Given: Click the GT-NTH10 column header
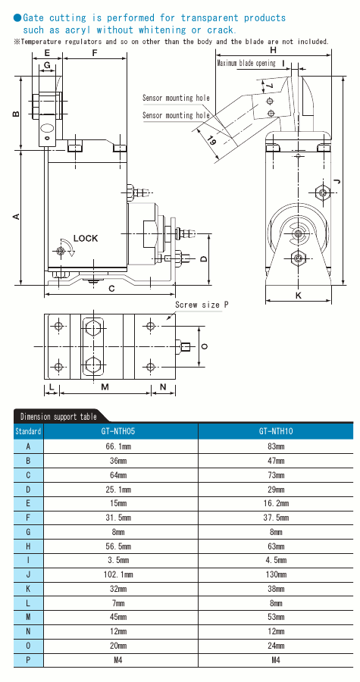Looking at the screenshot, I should point(275,431).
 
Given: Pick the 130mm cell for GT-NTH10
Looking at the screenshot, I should point(275,574).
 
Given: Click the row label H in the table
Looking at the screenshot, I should point(28,546).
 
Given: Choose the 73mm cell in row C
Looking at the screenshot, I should point(275,475).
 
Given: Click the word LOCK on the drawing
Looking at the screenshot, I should point(86,238).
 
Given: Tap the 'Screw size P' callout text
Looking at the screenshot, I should point(202,305).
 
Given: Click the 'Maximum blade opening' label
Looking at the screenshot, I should point(246,64).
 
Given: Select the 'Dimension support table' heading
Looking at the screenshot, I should point(58,417).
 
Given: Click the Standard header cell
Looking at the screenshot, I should point(28,431).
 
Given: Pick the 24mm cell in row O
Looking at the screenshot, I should point(275,646).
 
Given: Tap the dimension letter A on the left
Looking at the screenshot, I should point(16,217).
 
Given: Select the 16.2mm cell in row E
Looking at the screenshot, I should point(275,503).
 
